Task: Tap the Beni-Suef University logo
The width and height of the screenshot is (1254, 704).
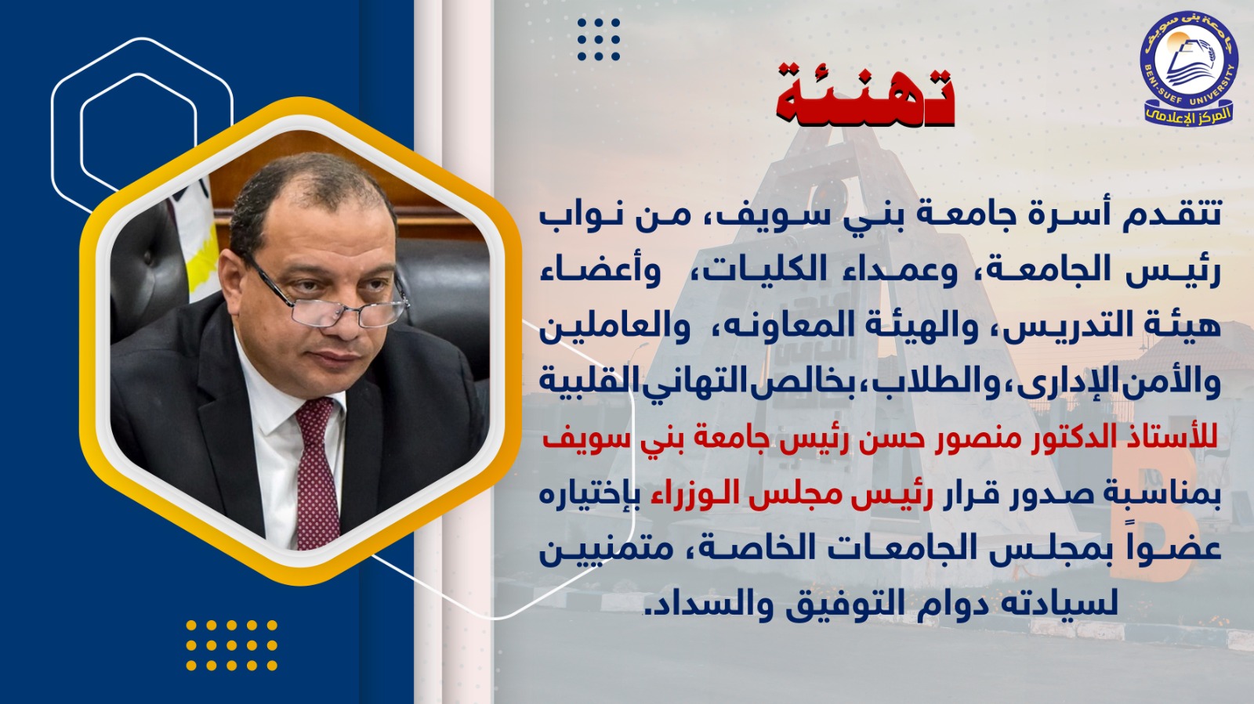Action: (1189, 69)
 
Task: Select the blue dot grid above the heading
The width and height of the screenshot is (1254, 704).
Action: (599, 39)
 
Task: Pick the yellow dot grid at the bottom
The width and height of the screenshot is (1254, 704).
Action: (231, 644)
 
